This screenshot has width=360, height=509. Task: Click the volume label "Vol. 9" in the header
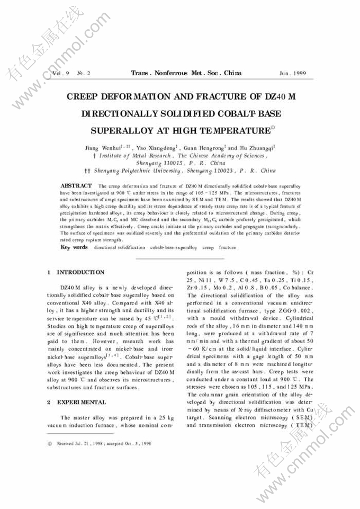click(x=59, y=72)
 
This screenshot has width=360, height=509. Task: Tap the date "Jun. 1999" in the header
click(x=293, y=72)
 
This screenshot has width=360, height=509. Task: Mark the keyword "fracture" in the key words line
click(x=227, y=247)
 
